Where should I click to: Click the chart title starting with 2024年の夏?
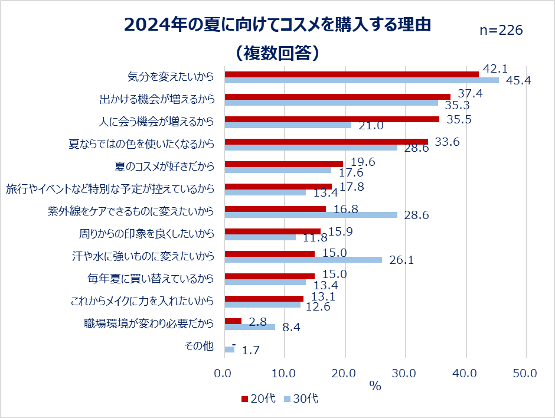click(x=277, y=25)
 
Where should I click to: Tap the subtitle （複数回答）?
click(x=277, y=53)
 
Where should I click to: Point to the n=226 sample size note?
click(x=501, y=31)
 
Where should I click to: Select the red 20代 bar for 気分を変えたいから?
click(x=351, y=74)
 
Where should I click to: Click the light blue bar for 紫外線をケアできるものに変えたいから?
click(x=311, y=215)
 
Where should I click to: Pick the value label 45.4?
click(x=518, y=81)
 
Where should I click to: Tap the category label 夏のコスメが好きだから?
click(x=164, y=166)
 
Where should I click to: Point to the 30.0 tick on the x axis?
click(x=404, y=373)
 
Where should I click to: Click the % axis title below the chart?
click(x=375, y=386)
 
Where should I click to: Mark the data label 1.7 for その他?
click(x=251, y=351)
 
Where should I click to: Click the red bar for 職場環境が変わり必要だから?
click(x=233, y=321)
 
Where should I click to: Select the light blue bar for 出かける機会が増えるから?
click(x=331, y=103)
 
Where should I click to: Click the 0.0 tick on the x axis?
click(x=224, y=373)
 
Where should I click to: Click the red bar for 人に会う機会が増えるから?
click(x=332, y=119)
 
